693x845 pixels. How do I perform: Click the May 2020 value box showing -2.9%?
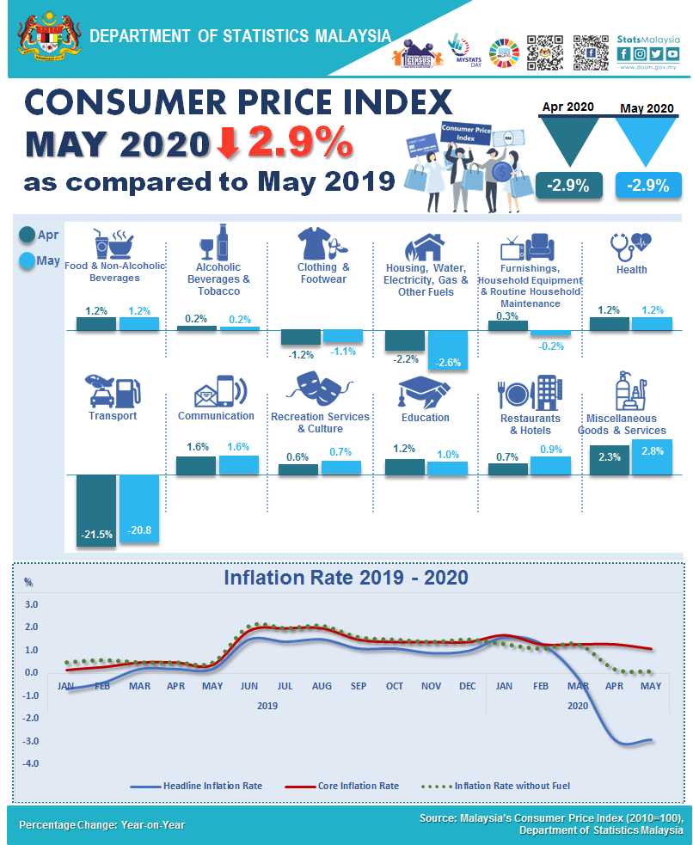pyautogui.click(x=647, y=185)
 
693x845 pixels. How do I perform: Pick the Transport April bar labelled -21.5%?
pyautogui.click(x=95, y=511)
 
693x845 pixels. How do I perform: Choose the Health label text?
pyautogui.click(x=631, y=269)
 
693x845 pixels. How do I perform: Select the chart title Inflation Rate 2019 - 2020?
pyautogui.click(x=346, y=577)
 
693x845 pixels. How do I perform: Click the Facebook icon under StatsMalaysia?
pyautogui.click(x=623, y=53)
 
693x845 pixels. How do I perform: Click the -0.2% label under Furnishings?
pyautogui.click(x=550, y=346)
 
